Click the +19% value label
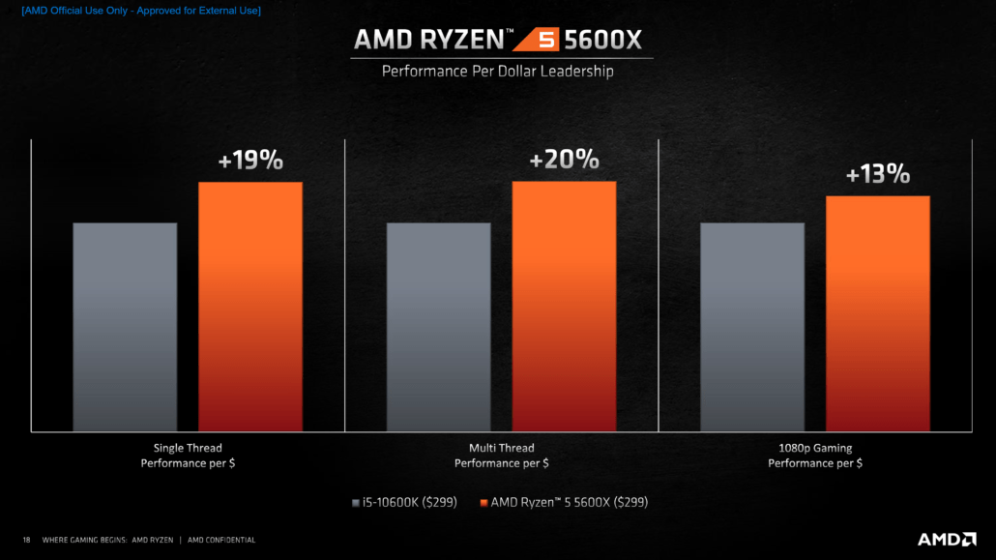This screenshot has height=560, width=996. pyautogui.click(x=250, y=161)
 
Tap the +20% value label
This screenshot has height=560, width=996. pyautogui.click(x=564, y=160)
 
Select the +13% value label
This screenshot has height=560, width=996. pyautogui.click(x=877, y=174)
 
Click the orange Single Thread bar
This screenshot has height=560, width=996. pyautogui.click(x=250, y=306)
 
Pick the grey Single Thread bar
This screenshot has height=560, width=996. pyautogui.click(x=125, y=326)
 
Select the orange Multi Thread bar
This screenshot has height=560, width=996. pyautogui.click(x=564, y=306)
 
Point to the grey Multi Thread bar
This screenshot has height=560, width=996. pyautogui.click(x=438, y=326)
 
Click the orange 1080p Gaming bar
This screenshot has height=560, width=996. pyautogui.click(x=877, y=313)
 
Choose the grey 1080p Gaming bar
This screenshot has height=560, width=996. pyautogui.click(x=751, y=326)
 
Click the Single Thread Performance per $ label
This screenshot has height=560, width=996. pyautogui.click(x=188, y=456)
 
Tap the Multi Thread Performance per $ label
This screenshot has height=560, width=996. pyautogui.click(x=501, y=456)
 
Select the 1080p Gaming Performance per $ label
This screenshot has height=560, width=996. pyautogui.click(x=815, y=456)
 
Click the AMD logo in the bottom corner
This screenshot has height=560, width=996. pyautogui.click(x=944, y=539)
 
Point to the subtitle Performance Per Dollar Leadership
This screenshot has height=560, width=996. pyautogui.click(x=497, y=71)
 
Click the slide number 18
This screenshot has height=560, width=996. pyautogui.click(x=26, y=540)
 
